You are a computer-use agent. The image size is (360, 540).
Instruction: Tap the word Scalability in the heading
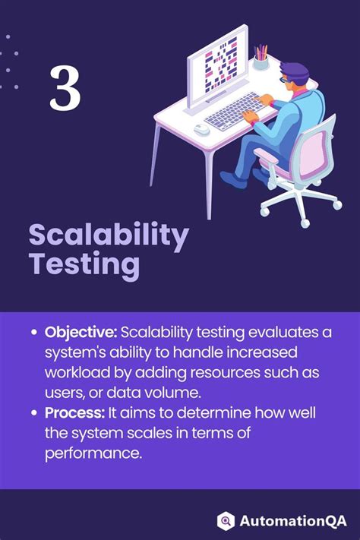point(109,237)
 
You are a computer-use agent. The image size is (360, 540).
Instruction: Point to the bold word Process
point(75,412)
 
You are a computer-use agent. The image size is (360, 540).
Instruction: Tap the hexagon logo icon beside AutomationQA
point(226,520)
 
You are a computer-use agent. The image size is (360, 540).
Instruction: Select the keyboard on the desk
point(233,112)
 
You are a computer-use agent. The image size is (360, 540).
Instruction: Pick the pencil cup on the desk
point(261,59)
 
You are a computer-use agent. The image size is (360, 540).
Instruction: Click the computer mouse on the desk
point(201,129)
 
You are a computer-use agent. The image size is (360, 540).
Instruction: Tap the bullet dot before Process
point(34,413)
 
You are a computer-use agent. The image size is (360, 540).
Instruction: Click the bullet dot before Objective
point(34,334)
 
